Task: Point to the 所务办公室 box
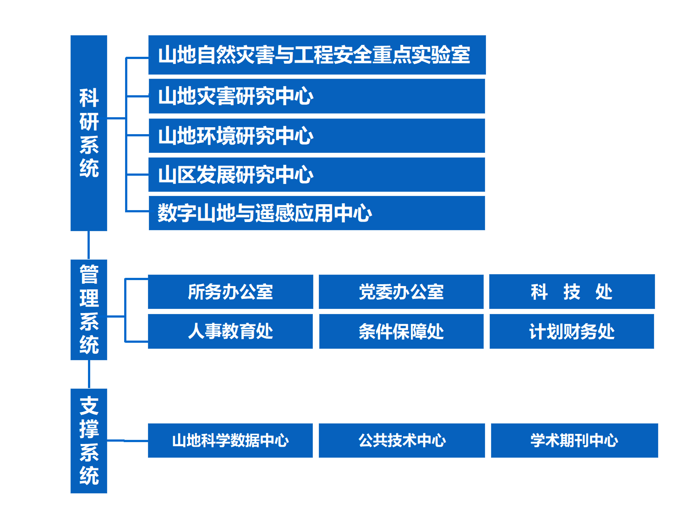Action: coord(230,292)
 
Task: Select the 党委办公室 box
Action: coord(401,292)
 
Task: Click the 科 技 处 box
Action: coord(572,292)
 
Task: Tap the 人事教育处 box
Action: coord(230,331)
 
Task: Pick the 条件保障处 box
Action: coord(401,331)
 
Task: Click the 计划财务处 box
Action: coord(572,331)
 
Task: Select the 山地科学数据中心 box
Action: coord(230,440)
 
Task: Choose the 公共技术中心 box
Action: coord(402,440)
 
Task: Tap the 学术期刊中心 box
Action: coord(574,440)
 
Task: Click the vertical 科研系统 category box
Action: coord(89,133)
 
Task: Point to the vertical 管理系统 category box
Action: coord(89,310)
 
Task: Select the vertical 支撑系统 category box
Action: coord(89,441)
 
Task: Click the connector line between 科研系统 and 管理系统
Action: coord(88,245)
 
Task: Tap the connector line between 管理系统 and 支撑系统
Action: coord(89,374)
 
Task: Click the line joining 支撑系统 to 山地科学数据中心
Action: coord(127,441)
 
